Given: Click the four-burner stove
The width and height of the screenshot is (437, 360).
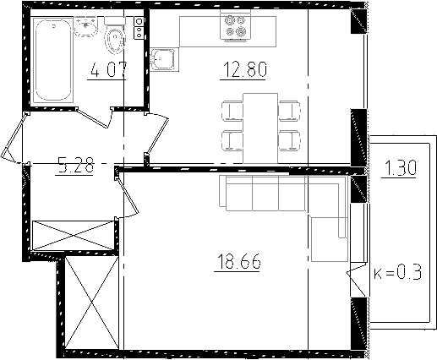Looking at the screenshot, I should point(234,26).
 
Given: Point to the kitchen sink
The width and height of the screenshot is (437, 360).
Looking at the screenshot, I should point(162,59).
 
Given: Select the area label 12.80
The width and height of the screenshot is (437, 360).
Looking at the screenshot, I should point(243,71).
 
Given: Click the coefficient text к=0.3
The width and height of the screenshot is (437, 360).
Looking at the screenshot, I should point(397,272).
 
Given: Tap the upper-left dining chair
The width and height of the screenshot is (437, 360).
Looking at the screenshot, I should point(231,110).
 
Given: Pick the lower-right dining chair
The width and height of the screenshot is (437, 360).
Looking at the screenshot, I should point(289,139).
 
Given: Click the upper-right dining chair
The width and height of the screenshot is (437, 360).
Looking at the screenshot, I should point(289,110).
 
